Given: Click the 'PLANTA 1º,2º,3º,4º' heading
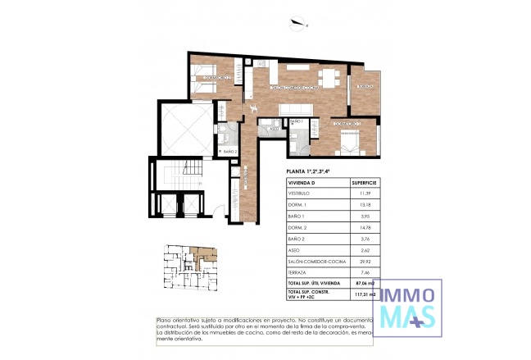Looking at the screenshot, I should (309, 171).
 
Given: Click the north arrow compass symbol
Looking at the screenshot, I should (304, 25).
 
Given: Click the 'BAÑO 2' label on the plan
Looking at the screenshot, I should (230, 151).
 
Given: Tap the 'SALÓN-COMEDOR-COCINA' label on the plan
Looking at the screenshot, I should (294, 86).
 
